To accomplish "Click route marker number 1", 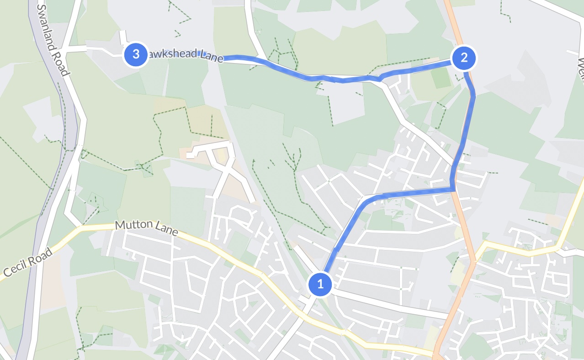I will click(320, 284).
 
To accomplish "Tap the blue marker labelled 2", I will click(464, 58).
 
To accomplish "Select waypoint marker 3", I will click(136, 54).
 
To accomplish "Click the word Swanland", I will click(47, 25).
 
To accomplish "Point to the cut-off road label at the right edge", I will click(581, 69).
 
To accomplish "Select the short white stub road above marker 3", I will click(123, 37).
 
